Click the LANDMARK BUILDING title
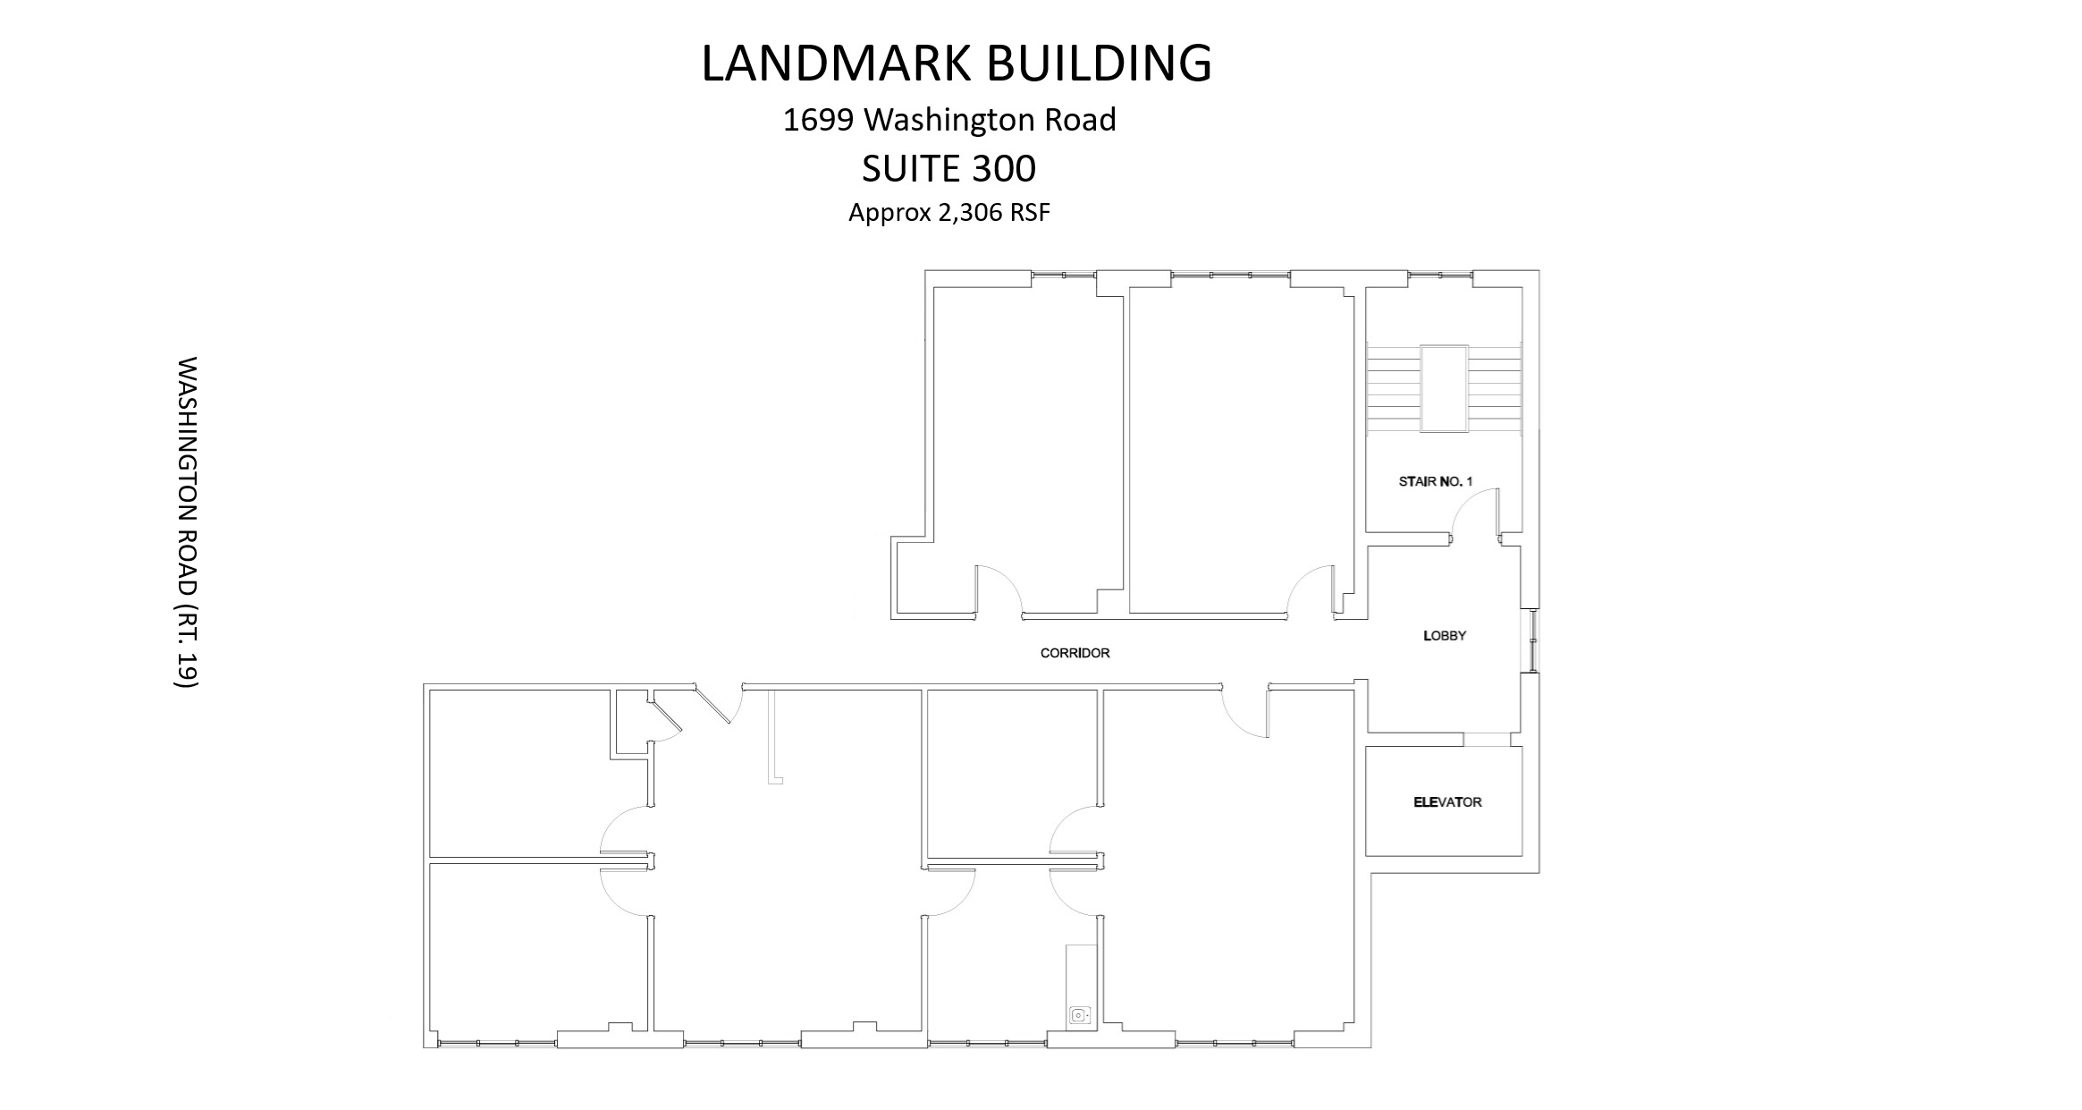(x=956, y=63)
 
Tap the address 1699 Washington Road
(x=949, y=120)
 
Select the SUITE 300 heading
(x=948, y=168)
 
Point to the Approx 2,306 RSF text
(x=948, y=213)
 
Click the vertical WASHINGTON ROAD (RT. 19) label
(x=186, y=522)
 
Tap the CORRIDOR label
(x=1075, y=653)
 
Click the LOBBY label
(x=1445, y=636)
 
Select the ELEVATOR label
(x=1447, y=802)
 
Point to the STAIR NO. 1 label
(x=1435, y=481)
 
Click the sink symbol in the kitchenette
(x=1080, y=1015)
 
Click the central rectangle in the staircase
(x=1444, y=389)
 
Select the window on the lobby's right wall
(x=1533, y=640)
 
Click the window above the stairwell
(x=1440, y=275)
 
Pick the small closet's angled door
(x=667, y=716)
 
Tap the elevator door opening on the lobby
(x=1487, y=740)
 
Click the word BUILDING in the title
(x=1099, y=63)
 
